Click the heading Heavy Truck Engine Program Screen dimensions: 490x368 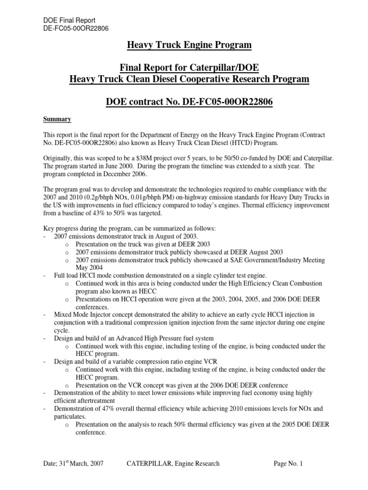(x=189, y=45)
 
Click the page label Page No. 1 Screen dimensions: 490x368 (x=288, y=464)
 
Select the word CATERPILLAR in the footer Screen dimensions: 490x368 (x=148, y=464)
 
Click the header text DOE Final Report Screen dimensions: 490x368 (x=69, y=20)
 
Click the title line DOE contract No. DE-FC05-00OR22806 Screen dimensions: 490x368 (x=189, y=103)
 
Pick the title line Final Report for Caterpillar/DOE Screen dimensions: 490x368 (x=189, y=67)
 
